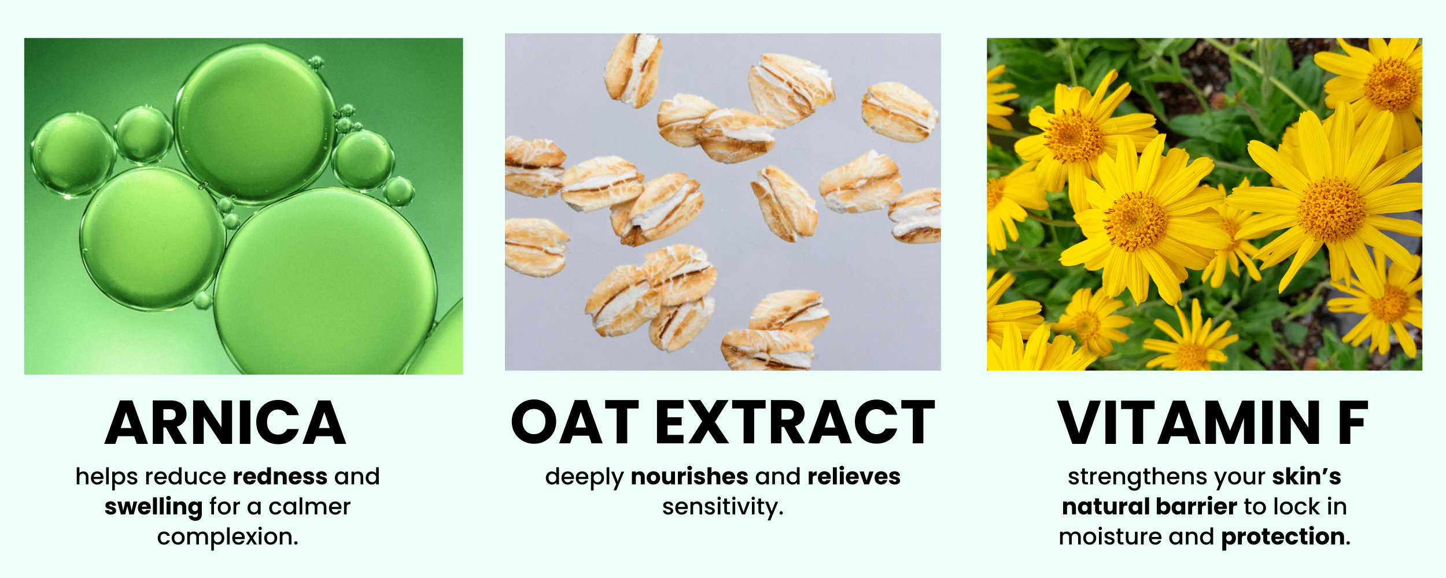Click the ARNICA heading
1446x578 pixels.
tap(225, 423)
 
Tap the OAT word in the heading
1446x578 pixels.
tap(575, 423)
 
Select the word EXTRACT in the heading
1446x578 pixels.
tap(795, 423)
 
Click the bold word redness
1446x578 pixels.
tap(280, 477)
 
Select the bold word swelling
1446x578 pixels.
tap(153, 507)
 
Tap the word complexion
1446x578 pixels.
tap(227, 538)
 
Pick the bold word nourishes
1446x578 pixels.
tap(689, 477)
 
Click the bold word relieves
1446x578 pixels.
tap(854, 477)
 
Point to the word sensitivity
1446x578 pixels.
tap(722, 507)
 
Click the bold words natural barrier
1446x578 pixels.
tap(1149, 507)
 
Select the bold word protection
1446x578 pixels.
tap(1285, 538)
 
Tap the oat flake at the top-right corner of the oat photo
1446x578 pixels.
tap(899, 112)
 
